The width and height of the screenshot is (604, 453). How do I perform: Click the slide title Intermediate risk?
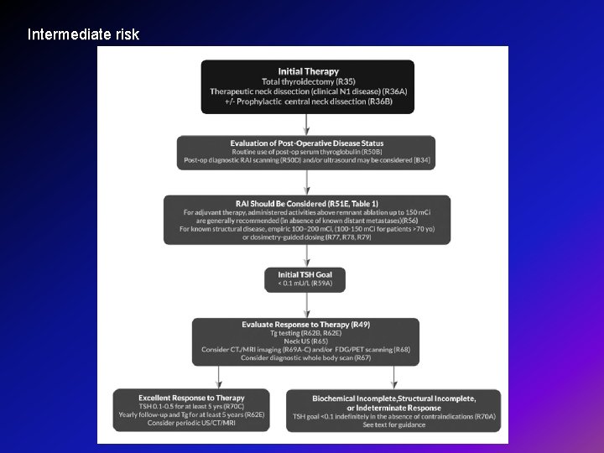pos(83,35)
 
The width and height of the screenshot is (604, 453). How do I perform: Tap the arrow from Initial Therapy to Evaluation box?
pos(307,124)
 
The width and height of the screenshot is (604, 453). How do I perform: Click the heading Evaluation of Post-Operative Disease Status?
pos(306,143)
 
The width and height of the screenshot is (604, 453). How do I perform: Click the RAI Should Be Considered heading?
pos(306,203)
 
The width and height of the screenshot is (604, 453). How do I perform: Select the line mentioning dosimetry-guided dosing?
pos(306,237)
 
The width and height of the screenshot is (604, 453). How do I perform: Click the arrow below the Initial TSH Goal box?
pos(307,305)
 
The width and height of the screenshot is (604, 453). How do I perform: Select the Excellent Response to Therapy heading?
pos(192,398)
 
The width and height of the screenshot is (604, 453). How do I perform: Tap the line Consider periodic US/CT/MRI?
pos(192,423)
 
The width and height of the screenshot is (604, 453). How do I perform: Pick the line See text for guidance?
pos(393,424)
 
